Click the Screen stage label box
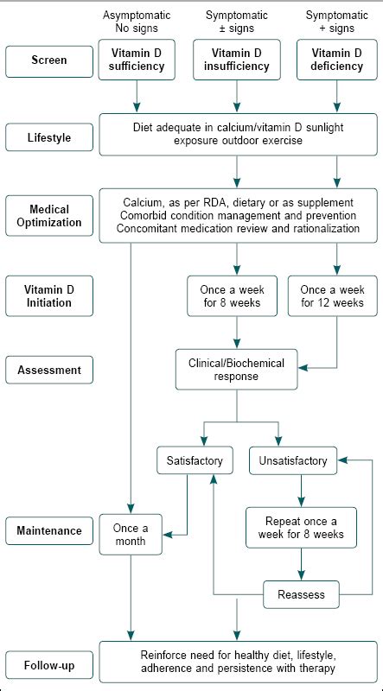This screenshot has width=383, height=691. pyautogui.click(x=48, y=60)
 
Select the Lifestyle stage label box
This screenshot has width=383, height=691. pyautogui.click(x=48, y=136)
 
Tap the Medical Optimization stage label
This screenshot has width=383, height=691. pyautogui.click(x=48, y=215)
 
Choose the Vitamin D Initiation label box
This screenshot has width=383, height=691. pyautogui.click(x=48, y=295)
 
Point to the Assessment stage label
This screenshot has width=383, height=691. pyautogui.click(x=48, y=370)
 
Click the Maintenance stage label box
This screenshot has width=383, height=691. pyautogui.click(x=48, y=529)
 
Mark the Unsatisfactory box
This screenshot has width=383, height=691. pyautogui.click(x=293, y=461)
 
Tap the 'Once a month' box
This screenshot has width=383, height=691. pyautogui.click(x=131, y=536)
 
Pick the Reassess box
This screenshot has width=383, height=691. pyautogui.click(x=301, y=594)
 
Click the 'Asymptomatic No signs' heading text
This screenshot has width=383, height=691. pyautogui.click(x=136, y=22)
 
